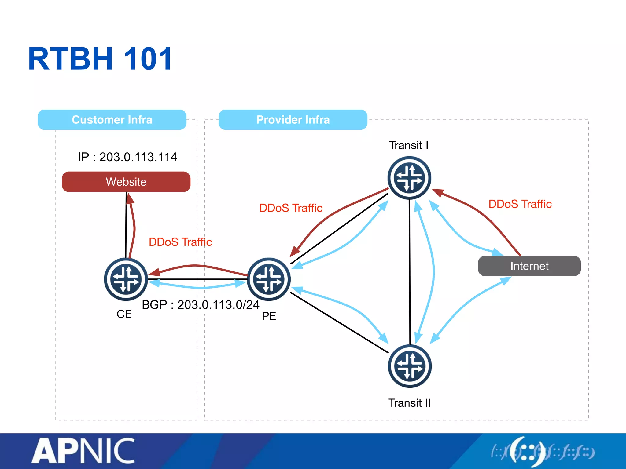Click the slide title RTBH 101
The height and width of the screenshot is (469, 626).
click(100, 59)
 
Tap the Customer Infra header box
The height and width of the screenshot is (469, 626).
click(112, 120)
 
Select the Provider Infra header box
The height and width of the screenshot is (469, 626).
click(293, 120)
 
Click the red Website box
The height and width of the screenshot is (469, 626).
click(126, 182)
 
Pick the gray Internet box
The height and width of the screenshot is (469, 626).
click(529, 266)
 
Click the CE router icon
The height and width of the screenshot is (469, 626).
click(126, 279)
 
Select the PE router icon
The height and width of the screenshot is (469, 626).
click(269, 279)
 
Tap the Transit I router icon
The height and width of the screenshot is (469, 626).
click(409, 178)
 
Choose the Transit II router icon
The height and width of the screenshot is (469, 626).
click(410, 366)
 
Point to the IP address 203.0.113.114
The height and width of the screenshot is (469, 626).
click(127, 157)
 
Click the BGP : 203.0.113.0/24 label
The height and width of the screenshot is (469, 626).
click(201, 305)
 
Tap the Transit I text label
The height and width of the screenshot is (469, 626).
click(409, 145)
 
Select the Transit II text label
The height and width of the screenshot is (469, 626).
click(410, 403)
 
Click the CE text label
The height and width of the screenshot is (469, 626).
click(124, 314)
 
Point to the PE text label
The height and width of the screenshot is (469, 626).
click(269, 316)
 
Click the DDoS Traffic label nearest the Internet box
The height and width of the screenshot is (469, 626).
click(520, 204)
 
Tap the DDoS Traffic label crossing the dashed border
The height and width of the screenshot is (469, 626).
click(180, 242)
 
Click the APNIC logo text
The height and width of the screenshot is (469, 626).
click(83, 451)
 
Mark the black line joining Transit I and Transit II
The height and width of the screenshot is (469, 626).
click(410, 272)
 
